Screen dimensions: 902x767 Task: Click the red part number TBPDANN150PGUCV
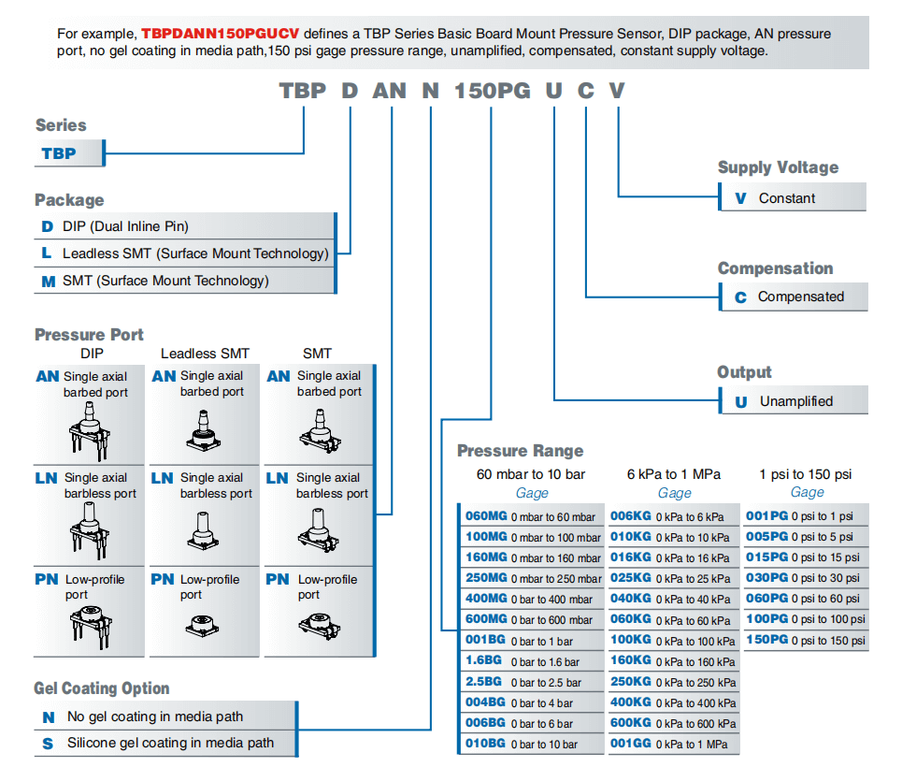pyautogui.click(x=221, y=34)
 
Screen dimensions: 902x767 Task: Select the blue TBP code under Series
pyautogui.click(x=59, y=153)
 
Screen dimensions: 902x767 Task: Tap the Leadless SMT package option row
pyautogui.click(x=185, y=253)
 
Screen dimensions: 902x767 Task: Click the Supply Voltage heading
pyautogui.click(x=778, y=167)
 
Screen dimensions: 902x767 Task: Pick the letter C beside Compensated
pyautogui.click(x=740, y=297)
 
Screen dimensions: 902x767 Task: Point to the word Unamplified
pyautogui.click(x=796, y=401)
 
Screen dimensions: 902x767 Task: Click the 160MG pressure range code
pyautogui.click(x=486, y=557)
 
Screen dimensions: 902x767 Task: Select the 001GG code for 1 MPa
pyautogui.click(x=631, y=744)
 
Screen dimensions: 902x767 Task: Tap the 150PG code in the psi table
pyautogui.click(x=766, y=640)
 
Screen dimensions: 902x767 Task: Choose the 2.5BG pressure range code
pyautogui.click(x=483, y=682)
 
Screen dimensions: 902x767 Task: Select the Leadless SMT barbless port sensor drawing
pyautogui.click(x=203, y=530)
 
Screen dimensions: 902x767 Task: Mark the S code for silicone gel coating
pyautogui.click(x=48, y=744)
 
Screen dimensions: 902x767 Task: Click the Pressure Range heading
pyautogui.click(x=520, y=451)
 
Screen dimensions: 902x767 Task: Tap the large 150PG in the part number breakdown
pyautogui.click(x=493, y=91)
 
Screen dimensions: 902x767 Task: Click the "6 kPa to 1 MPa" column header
pyautogui.click(x=674, y=474)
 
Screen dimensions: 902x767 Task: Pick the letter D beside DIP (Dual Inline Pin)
pyautogui.click(x=47, y=227)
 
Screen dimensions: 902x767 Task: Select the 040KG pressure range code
pyautogui.click(x=631, y=599)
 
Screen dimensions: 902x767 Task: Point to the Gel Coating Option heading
pyautogui.click(x=101, y=688)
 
